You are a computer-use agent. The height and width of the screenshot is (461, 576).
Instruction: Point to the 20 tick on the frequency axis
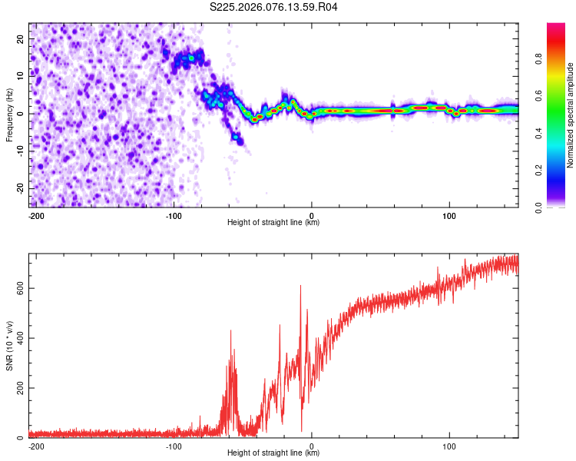pos(21,38)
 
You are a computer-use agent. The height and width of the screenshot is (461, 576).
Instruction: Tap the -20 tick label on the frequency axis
pos(19,188)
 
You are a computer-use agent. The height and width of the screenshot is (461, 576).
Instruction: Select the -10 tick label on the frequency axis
pos(19,151)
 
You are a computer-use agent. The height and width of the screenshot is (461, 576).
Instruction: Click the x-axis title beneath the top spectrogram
pos(273,223)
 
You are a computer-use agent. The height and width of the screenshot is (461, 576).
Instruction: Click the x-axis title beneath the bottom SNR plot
pos(273,453)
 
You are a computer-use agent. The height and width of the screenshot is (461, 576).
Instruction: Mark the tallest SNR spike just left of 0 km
pos(300,286)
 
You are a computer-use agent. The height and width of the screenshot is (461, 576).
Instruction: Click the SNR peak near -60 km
pos(230,330)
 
